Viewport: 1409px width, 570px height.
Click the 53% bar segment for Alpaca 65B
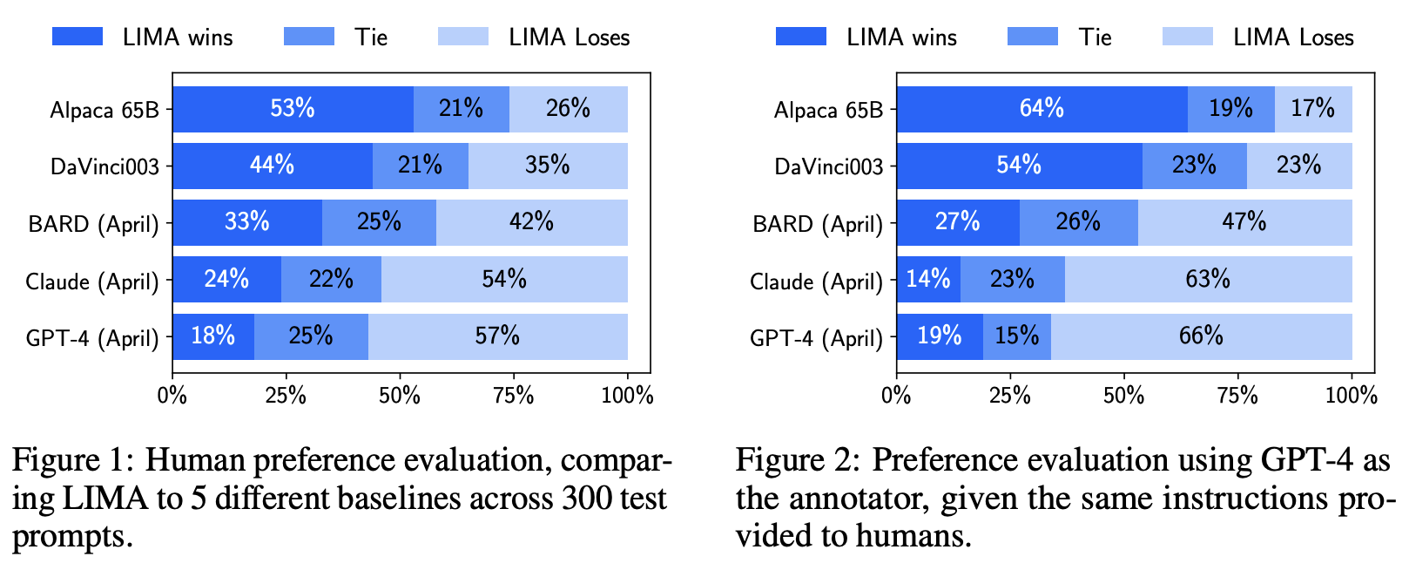click(293, 109)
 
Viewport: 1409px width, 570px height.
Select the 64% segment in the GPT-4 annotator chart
click(1042, 109)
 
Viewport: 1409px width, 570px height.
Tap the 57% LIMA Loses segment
click(497, 336)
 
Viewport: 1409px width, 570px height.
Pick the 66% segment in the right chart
click(1201, 336)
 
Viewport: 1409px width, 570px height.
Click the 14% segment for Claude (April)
click(928, 279)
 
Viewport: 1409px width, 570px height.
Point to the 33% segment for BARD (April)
click(247, 222)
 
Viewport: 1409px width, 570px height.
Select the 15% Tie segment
click(1017, 336)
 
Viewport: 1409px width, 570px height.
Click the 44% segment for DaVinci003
click(272, 166)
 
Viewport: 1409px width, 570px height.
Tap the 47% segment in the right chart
click(1244, 222)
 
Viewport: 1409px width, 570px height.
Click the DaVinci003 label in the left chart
click(104, 166)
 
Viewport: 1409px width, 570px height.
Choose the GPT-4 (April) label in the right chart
click(816, 338)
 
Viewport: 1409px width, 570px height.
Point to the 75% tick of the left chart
click(513, 396)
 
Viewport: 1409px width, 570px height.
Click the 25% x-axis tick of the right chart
click(1010, 396)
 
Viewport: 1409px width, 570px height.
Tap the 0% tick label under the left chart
click(172, 396)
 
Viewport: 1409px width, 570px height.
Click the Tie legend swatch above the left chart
click(308, 37)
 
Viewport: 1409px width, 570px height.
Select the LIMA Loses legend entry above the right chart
click(1292, 37)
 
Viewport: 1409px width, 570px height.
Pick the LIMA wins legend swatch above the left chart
click(77, 37)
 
